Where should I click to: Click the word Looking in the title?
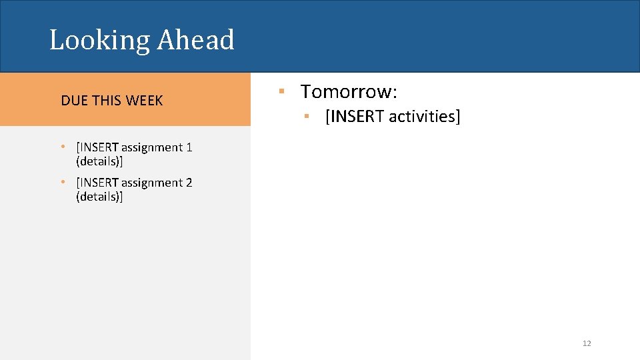pyautogui.click(x=100, y=41)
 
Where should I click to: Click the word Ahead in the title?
pyautogui.click(x=196, y=39)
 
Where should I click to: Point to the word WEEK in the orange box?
pyautogui.click(x=144, y=101)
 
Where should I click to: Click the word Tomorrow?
pyautogui.click(x=349, y=91)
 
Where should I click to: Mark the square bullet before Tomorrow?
pyautogui.click(x=282, y=91)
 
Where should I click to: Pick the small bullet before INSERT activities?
pyautogui.click(x=305, y=117)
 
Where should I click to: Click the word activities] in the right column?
pyautogui.click(x=425, y=117)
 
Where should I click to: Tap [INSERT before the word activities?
pyautogui.click(x=354, y=117)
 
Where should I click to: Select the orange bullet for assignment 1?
pyautogui.click(x=62, y=147)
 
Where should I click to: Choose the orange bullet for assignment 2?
pyautogui.click(x=62, y=183)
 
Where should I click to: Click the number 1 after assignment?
pyautogui.click(x=189, y=147)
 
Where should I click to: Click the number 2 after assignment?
pyautogui.click(x=189, y=183)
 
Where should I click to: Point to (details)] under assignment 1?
pyautogui.click(x=100, y=161)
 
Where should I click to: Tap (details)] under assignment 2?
pyautogui.click(x=100, y=197)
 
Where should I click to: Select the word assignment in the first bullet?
pyautogui.click(x=151, y=147)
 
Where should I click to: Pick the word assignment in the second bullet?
pyautogui.click(x=151, y=183)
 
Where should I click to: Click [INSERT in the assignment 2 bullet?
pyautogui.click(x=97, y=183)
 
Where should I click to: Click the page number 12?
pyautogui.click(x=587, y=343)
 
